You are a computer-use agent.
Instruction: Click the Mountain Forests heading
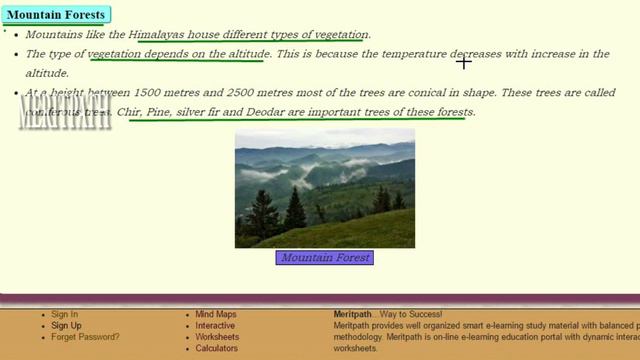click(55, 15)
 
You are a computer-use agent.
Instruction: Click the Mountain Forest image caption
click(324, 258)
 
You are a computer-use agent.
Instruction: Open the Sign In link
click(64, 315)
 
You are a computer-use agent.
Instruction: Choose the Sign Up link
click(66, 326)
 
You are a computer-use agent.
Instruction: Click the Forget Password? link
click(85, 337)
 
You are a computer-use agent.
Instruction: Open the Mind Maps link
click(215, 315)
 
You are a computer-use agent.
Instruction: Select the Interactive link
click(215, 326)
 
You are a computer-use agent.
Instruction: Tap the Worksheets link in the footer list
click(217, 337)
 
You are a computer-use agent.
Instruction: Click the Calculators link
click(216, 349)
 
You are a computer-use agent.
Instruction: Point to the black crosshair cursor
click(464, 62)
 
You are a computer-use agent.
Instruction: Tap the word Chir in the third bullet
click(129, 112)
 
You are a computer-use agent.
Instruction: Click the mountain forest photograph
click(324, 188)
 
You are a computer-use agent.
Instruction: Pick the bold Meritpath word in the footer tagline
click(355, 315)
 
